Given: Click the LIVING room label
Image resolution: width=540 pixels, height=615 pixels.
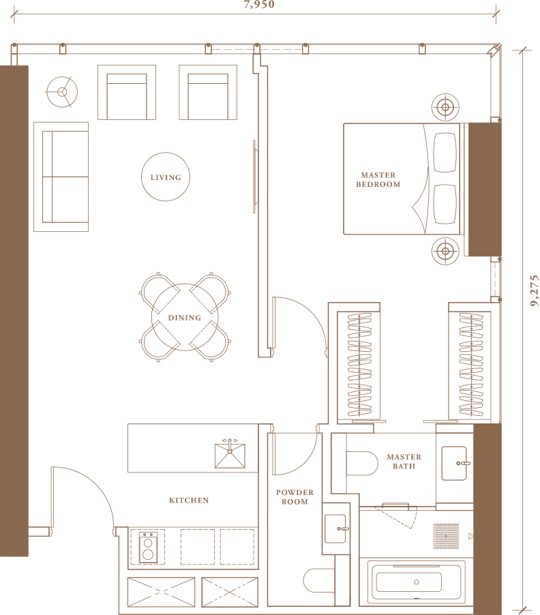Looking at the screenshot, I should tap(166, 177).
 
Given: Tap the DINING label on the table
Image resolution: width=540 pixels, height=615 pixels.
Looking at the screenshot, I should tap(184, 318).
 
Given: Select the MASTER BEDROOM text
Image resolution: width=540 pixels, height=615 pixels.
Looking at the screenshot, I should tap(378, 180).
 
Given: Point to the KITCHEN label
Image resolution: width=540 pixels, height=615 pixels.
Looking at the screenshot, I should tap(189, 500).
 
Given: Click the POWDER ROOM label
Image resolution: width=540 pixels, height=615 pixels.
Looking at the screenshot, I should tap(295, 497).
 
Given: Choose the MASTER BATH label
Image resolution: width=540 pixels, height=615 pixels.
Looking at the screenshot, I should tap(404, 462).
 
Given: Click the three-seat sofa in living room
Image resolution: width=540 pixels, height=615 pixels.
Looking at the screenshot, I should tap(61, 177).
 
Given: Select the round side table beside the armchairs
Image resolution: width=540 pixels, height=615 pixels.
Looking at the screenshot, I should tap(61, 91).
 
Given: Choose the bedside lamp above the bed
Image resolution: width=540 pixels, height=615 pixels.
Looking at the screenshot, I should tap(445, 107).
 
